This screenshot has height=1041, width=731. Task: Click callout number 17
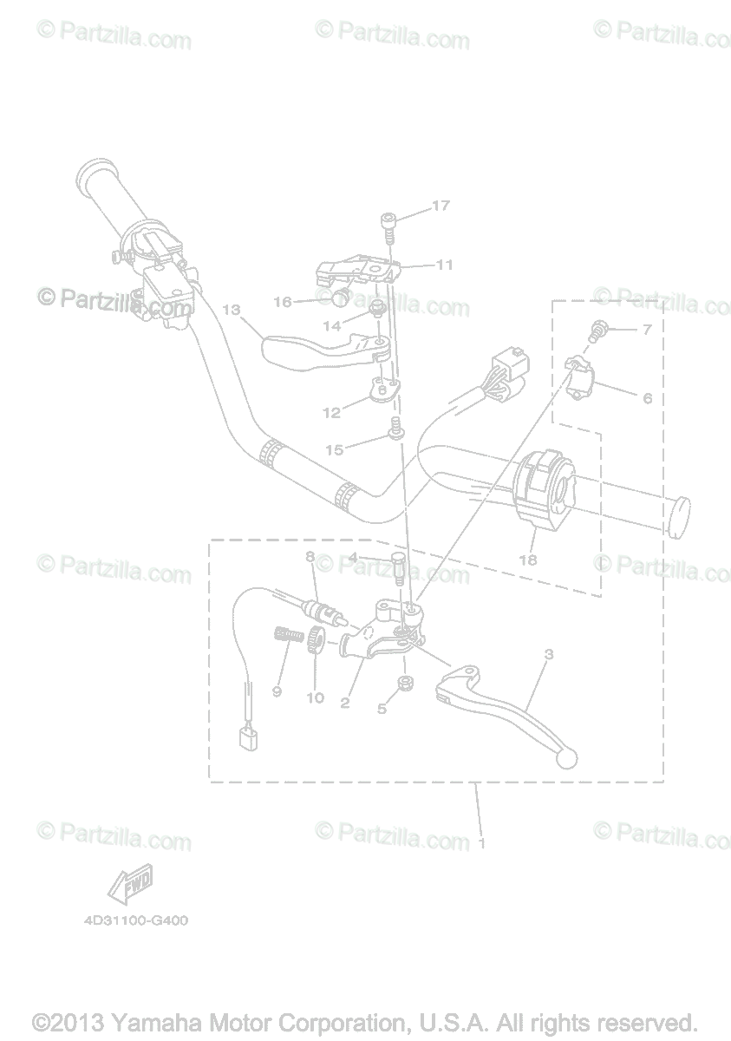(x=441, y=206)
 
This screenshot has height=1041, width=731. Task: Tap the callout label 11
(x=444, y=265)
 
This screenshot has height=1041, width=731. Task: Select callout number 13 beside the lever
(x=230, y=310)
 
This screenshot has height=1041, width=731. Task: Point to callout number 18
(x=527, y=560)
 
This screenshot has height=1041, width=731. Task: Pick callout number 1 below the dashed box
(x=482, y=841)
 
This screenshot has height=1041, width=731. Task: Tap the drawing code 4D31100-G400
(x=136, y=920)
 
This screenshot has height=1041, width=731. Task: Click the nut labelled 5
(x=403, y=685)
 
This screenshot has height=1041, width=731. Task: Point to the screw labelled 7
(x=597, y=329)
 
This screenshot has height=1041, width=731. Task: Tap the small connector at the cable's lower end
(x=248, y=737)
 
